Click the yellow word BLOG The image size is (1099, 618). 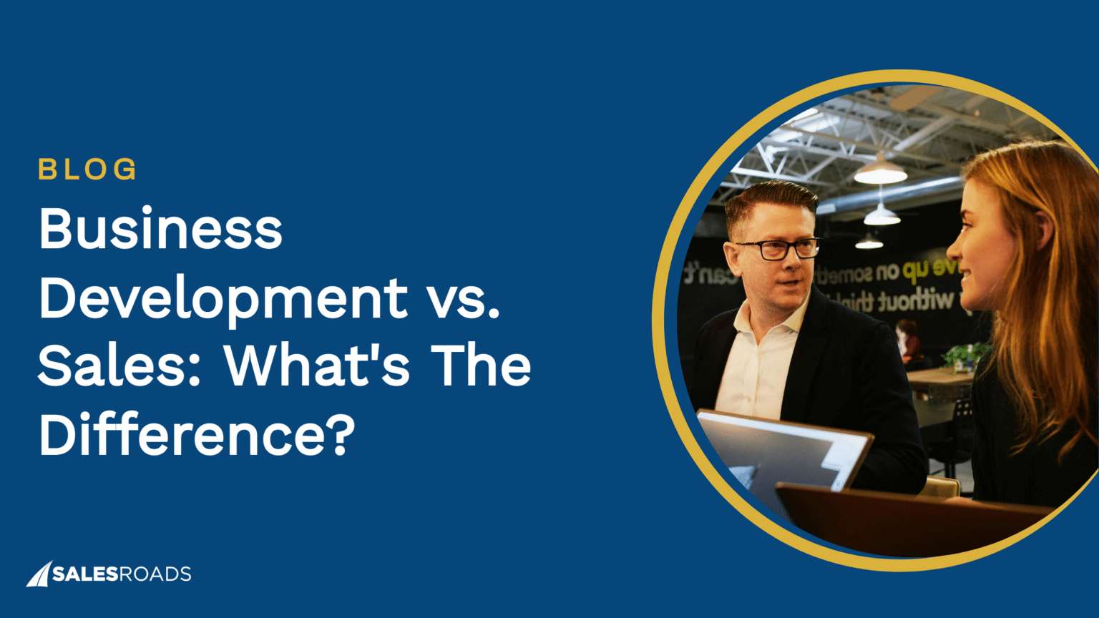87,170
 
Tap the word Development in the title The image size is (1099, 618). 223,298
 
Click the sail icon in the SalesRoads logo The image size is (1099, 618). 38,574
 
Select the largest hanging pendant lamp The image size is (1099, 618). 880,172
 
